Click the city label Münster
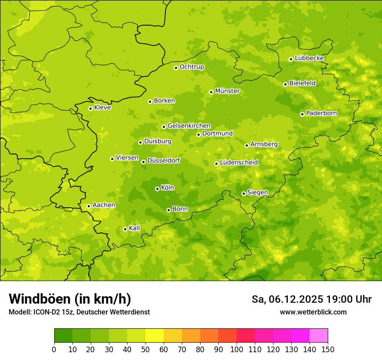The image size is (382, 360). (x=227, y=91)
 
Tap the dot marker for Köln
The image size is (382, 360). (x=157, y=189)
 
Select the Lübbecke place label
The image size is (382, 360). (x=309, y=58)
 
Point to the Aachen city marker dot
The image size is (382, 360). (x=89, y=206)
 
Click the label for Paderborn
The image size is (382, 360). (x=321, y=113)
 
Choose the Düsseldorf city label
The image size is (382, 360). (x=163, y=160)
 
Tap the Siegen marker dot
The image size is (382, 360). (x=244, y=193)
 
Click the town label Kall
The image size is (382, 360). (x=134, y=228)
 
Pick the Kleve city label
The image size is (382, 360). (x=102, y=108)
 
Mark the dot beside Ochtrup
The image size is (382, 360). (x=176, y=68)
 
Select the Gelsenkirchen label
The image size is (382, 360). (x=189, y=126)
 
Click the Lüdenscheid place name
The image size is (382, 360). (x=239, y=163)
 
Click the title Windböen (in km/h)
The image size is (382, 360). (x=70, y=299)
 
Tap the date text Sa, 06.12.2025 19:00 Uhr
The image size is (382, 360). (x=311, y=299)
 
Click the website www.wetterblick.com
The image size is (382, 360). (x=313, y=312)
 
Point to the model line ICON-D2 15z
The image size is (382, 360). (x=79, y=312)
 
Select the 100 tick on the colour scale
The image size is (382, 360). (x=237, y=349)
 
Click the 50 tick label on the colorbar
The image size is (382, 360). (x=145, y=349)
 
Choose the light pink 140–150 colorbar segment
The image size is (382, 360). (x=319, y=336)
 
